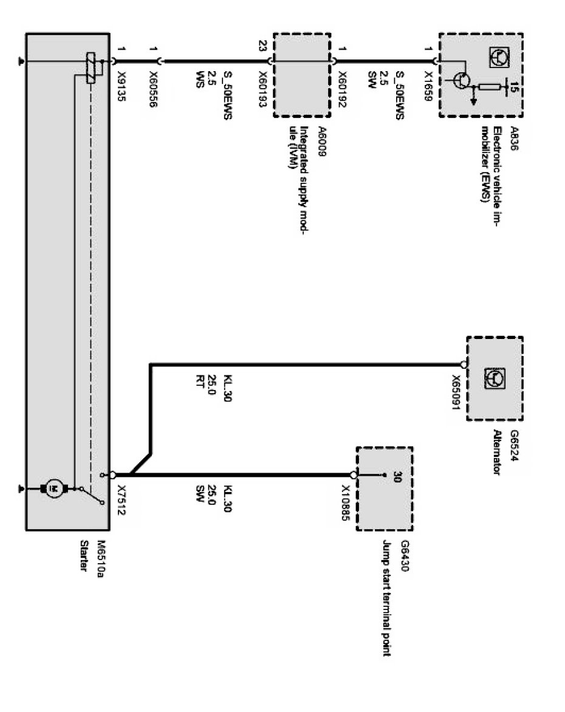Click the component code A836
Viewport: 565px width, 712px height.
pos(515,135)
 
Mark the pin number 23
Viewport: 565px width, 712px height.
pos(262,45)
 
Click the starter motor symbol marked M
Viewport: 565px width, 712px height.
pos(53,487)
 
